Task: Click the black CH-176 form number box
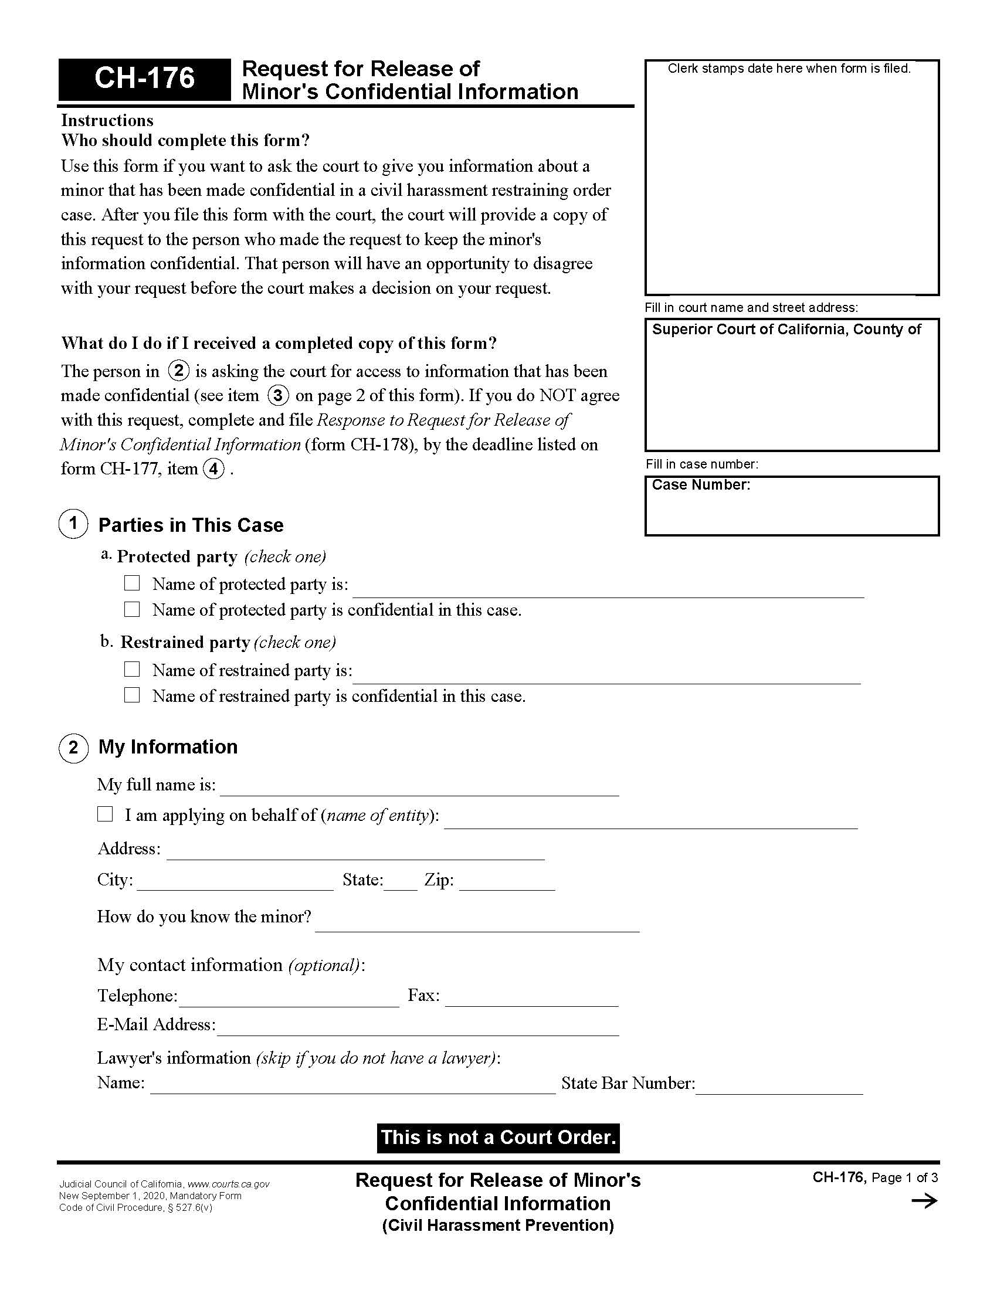click(144, 79)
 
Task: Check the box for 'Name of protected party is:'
click(132, 583)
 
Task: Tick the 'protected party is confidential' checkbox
click(132, 609)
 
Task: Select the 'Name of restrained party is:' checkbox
click(132, 669)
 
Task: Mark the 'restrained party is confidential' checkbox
click(132, 695)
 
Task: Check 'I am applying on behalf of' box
click(105, 814)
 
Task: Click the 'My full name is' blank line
click(419, 789)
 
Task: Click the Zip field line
click(507, 883)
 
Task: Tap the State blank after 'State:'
click(401, 883)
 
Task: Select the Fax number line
click(531, 999)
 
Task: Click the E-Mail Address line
click(418, 1028)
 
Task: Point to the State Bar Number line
click(779, 1087)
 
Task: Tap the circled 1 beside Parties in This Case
click(73, 523)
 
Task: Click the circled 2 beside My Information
click(73, 748)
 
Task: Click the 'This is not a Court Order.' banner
click(498, 1138)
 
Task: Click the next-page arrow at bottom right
click(924, 1201)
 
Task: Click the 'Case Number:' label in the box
click(700, 485)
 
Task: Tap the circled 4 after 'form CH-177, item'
click(213, 469)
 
